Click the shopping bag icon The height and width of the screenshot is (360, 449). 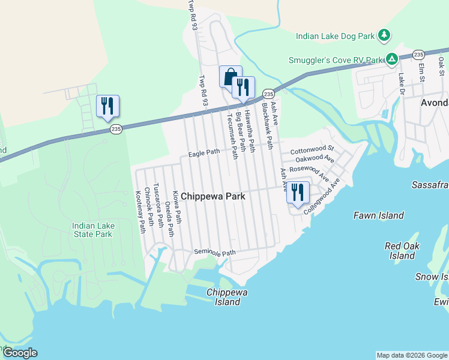[231, 76]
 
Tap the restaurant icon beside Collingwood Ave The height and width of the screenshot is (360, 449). [298, 192]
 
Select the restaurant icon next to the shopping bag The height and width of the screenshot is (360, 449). [244, 87]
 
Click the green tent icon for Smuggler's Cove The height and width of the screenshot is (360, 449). [391, 59]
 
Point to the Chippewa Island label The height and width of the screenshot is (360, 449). [223, 297]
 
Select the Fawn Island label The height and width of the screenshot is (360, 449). [378, 215]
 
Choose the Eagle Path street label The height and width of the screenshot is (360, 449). [204, 153]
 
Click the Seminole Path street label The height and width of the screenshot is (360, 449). [214, 253]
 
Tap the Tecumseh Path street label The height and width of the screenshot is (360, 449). [231, 136]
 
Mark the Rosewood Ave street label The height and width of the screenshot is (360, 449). [309, 173]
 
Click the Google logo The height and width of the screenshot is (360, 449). [20, 353]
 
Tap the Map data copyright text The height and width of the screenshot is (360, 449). [412, 355]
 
